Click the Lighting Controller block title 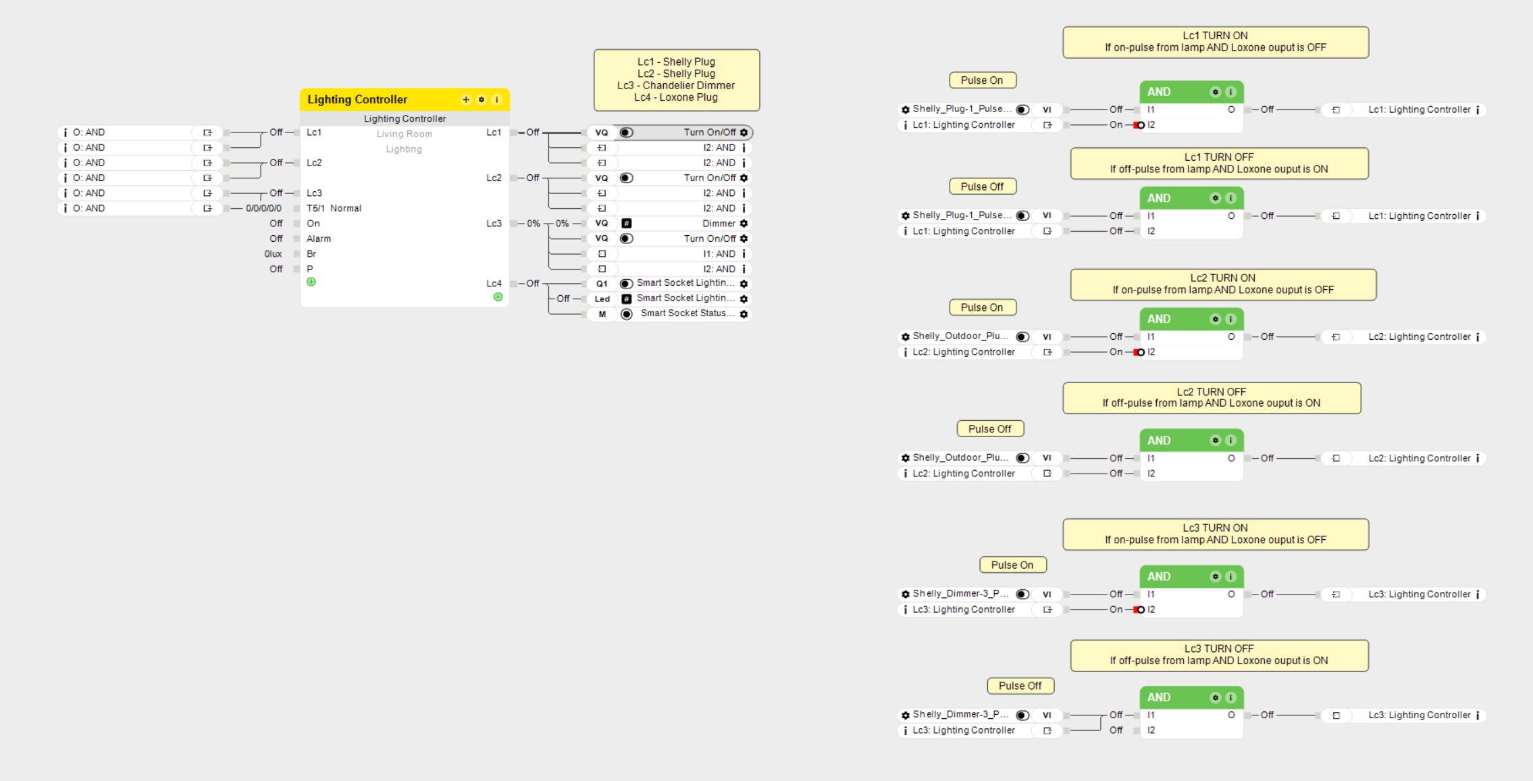pyautogui.click(x=357, y=100)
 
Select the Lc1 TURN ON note pyautogui.click(x=1215, y=42)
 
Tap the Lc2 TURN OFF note pyautogui.click(x=1211, y=398)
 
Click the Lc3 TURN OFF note pyautogui.click(x=1218, y=655)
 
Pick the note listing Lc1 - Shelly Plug pyautogui.click(x=676, y=80)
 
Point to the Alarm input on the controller pyautogui.click(x=319, y=238)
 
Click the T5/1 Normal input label pyautogui.click(x=334, y=208)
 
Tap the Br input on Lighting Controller pyautogui.click(x=311, y=254)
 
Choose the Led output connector pyautogui.click(x=602, y=299)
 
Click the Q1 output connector pyautogui.click(x=602, y=284)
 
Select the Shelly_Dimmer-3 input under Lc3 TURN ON pyautogui.click(x=960, y=594)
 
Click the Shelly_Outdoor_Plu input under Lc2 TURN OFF pyautogui.click(x=960, y=458)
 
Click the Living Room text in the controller pyautogui.click(x=404, y=134)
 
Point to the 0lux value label pyautogui.click(x=273, y=254)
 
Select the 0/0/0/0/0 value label pyautogui.click(x=263, y=208)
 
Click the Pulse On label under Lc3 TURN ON pyautogui.click(x=1012, y=565)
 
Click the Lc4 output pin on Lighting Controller pyautogui.click(x=494, y=284)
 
